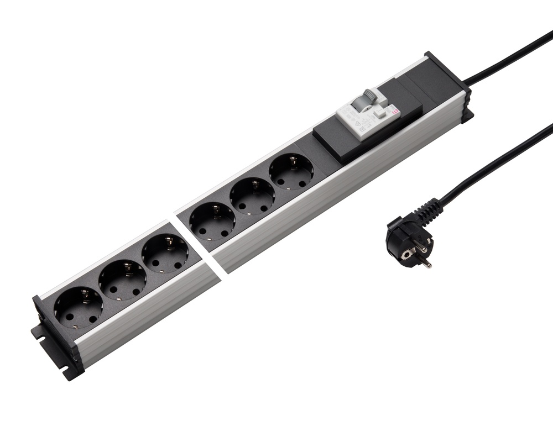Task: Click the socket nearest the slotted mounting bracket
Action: pyautogui.click(x=79, y=307)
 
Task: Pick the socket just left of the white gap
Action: pyautogui.click(x=164, y=255)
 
